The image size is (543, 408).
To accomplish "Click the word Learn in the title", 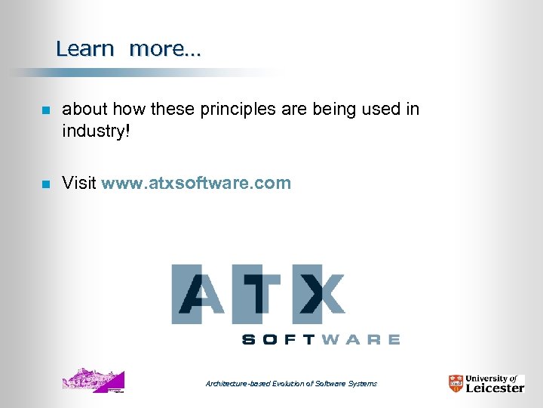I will (84, 49).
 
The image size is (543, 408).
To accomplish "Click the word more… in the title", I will (165, 49).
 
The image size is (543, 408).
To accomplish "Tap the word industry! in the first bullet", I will (96, 131).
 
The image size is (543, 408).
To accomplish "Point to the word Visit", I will (79, 183).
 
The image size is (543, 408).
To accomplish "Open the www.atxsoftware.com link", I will (196, 183).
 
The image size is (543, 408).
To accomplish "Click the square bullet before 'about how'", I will (45, 110).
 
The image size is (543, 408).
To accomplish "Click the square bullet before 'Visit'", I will (45, 184).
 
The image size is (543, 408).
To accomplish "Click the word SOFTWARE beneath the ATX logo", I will (321, 340).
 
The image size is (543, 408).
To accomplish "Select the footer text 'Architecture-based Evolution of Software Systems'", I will (291, 384).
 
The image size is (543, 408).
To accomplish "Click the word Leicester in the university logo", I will (494, 388).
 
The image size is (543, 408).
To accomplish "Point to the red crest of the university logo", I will (456, 384).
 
